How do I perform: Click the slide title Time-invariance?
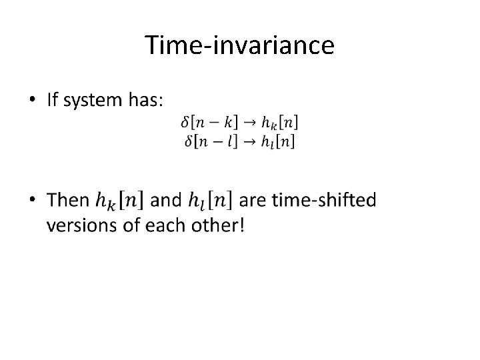click(x=239, y=45)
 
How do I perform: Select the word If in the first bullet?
click(x=52, y=101)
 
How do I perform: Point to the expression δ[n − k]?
click(x=207, y=122)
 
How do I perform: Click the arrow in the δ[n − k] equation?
click(x=246, y=122)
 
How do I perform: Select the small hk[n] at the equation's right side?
click(x=277, y=123)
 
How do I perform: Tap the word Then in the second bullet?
click(x=69, y=199)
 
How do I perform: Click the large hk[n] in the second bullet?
click(x=123, y=200)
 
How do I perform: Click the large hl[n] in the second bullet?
click(x=209, y=200)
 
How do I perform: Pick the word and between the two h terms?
click(x=166, y=200)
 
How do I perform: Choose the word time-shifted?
click(x=316, y=199)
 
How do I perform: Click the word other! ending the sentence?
click(x=219, y=225)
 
